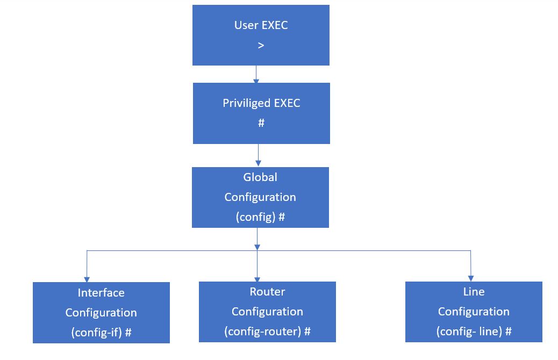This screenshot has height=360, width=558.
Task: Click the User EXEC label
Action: [x=261, y=25]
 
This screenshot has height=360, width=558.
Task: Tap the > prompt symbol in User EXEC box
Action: [x=261, y=46]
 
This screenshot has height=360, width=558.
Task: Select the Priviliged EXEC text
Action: [x=261, y=103]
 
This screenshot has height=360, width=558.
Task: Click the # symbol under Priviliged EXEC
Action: [x=261, y=123]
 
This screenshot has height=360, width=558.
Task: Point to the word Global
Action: [x=260, y=177]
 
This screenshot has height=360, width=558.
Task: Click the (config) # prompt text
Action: [x=260, y=217]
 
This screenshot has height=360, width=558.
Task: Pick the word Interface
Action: [x=101, y=293]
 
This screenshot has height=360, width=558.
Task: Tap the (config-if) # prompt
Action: [x=101, y=332]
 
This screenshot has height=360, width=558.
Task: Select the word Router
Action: [x=267, y=292]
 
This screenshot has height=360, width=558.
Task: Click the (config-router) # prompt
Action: [x=267, y=331]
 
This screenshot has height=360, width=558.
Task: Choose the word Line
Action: [x=474, y=292]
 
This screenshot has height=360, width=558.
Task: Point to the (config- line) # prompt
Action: [x=474, y=331]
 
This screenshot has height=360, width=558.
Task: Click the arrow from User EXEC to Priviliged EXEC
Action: [x=256, y=74]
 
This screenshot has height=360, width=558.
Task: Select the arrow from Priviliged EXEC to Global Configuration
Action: [x=258, y=155]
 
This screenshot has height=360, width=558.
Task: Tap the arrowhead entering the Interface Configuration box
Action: [x=87, y=279]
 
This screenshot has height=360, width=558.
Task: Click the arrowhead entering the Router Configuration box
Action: [x=257, y=279]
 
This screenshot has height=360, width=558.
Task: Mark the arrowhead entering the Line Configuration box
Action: [x=471, y=278]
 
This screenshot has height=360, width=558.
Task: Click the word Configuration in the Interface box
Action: [x=101, y=313]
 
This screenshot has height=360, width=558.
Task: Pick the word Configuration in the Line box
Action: [x=474, y=312]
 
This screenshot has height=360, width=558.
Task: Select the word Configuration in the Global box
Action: [x=260, y=197]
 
